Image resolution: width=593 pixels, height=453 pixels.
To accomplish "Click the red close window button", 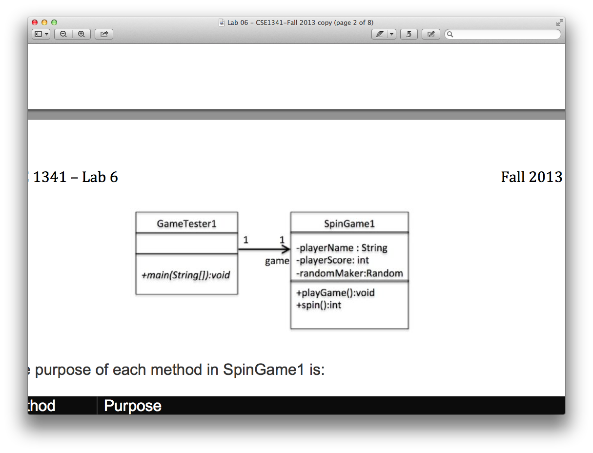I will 35,22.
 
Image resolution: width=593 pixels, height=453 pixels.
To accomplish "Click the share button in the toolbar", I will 104,34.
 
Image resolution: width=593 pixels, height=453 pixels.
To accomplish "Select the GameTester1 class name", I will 186,224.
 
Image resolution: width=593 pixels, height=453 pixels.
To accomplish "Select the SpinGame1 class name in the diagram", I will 349,224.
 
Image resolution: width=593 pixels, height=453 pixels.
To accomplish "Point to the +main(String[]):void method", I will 185,275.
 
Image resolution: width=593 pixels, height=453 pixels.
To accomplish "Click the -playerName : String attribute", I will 342,248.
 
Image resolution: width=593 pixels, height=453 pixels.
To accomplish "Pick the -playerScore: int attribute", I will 332,260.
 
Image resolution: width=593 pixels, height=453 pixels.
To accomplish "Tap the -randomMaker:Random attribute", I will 349,273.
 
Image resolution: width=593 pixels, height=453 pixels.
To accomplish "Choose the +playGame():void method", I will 335,293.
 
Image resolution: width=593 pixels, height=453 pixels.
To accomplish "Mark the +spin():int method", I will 319,305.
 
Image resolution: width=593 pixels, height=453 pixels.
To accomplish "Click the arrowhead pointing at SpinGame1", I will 285,249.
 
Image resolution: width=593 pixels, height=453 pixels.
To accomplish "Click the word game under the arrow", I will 277,261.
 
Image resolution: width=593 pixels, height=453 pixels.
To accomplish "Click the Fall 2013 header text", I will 532,177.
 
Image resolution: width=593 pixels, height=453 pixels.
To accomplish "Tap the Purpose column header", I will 133,406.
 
